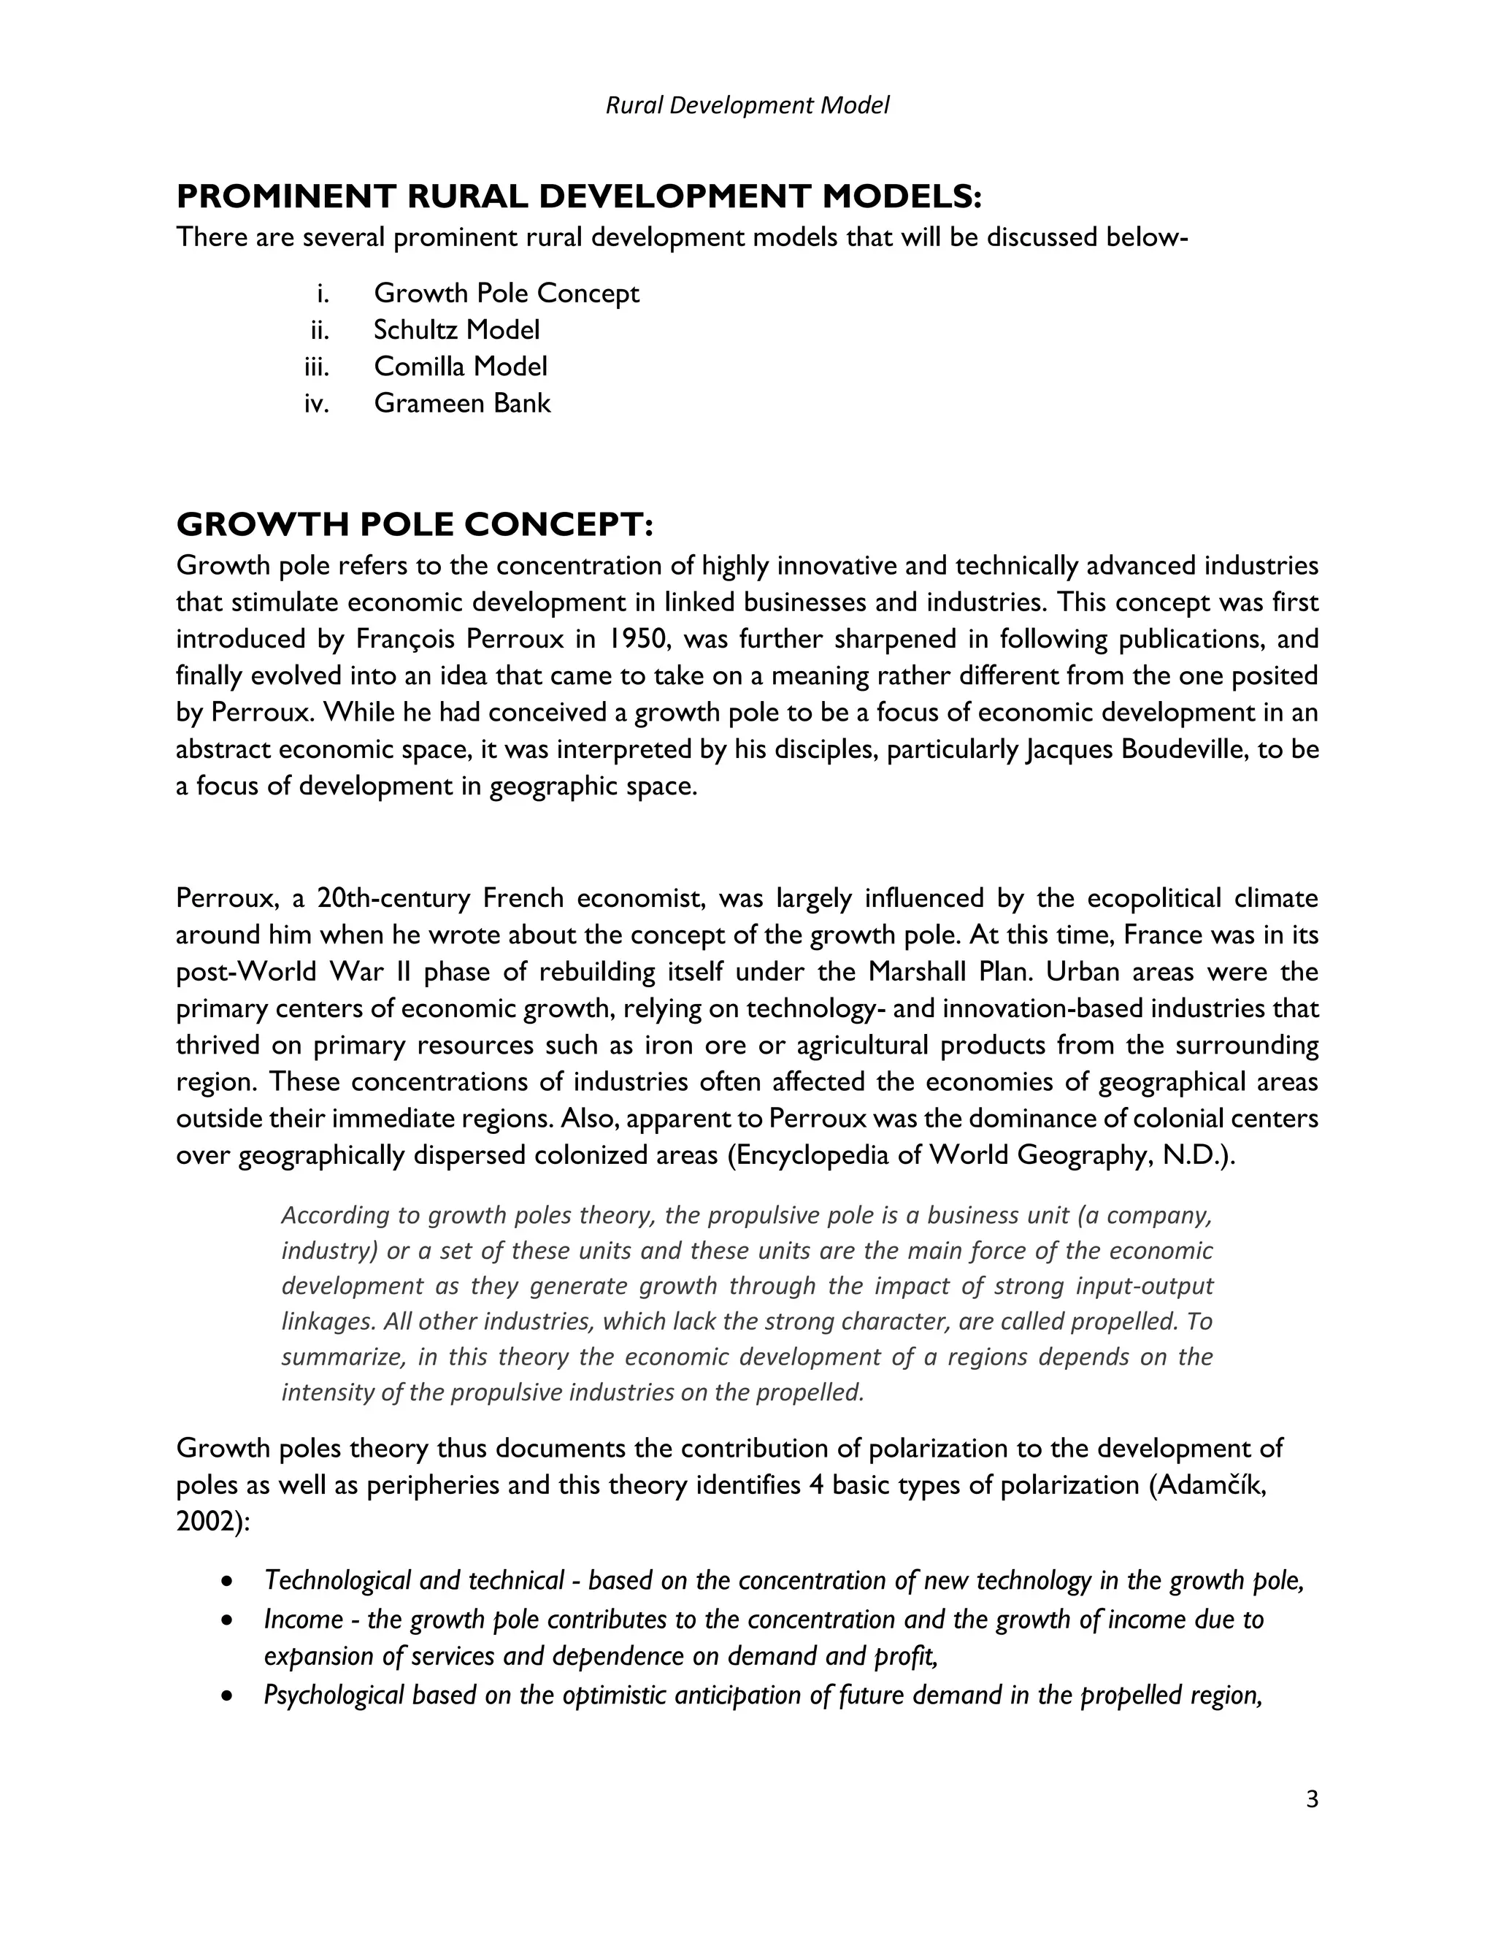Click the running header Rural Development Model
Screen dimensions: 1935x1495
pos(747,105)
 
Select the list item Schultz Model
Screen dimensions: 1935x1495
pos(456,329)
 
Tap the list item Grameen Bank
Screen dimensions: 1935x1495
pos(461,403)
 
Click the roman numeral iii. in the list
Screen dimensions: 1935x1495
pos(315,366)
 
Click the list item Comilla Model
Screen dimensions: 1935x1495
pos(460,366)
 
